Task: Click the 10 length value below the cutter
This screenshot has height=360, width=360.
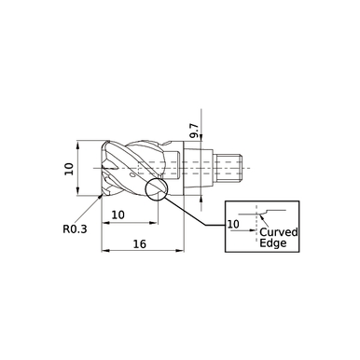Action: click(x=119, y=215)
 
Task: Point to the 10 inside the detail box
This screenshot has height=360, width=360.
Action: click(x=233, y=225)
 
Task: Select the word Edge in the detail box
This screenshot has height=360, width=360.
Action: click(x=272, y=243)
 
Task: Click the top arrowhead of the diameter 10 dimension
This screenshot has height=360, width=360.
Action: click(x=78, y=145)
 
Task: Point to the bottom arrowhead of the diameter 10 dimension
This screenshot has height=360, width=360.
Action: click(x=78, y=194)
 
